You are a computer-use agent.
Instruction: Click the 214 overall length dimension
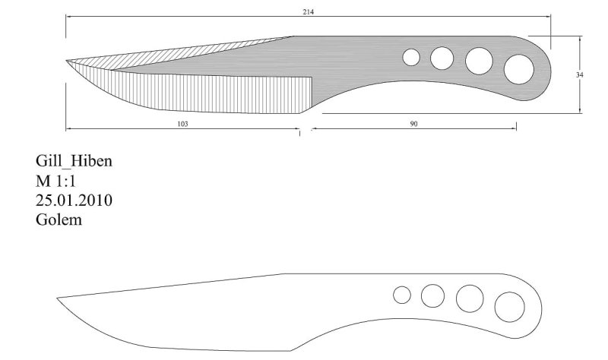pyautogui.click(x=309, y=12)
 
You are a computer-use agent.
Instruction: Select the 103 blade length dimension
pyautogui.click(x=182, y=124)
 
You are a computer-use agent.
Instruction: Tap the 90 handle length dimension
pyautogui.click(x=413, y=124)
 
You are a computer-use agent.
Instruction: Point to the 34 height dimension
pyautogui.click(x=579, y=74)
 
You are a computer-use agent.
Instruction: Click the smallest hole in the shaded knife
pyautogui.click(x=411, y=58)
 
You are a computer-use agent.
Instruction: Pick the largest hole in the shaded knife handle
pyautogui.click(x=519, y=69)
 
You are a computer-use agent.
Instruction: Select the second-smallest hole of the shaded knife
pyautogui.click(x=442, y=58)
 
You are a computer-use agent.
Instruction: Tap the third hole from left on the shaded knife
pyautogui.click(x=480, y=62)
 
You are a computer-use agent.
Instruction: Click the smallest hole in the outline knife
pyautogui.click(x=402, y=295)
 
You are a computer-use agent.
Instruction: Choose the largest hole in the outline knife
pyautogui.click(x=509, y=307)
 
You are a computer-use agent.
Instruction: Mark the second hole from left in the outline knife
pyautogui.click(x=432, y=295)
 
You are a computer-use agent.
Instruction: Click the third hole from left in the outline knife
pyautogui.click(x=470, y=298)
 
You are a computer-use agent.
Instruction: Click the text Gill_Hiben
pyautogui.click(x=74, y=161)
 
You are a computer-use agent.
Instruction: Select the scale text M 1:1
pyautogui.click(x=55, y=181)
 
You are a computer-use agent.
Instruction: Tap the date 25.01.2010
pyautogui.click(x=74, y=201)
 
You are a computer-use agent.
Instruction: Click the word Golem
pyautogui.click(x=59, y=219)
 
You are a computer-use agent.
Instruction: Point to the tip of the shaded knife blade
pyautogui.click(x=66, y=61)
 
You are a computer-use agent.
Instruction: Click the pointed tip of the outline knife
pyautogui.click(x=57, y=298)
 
